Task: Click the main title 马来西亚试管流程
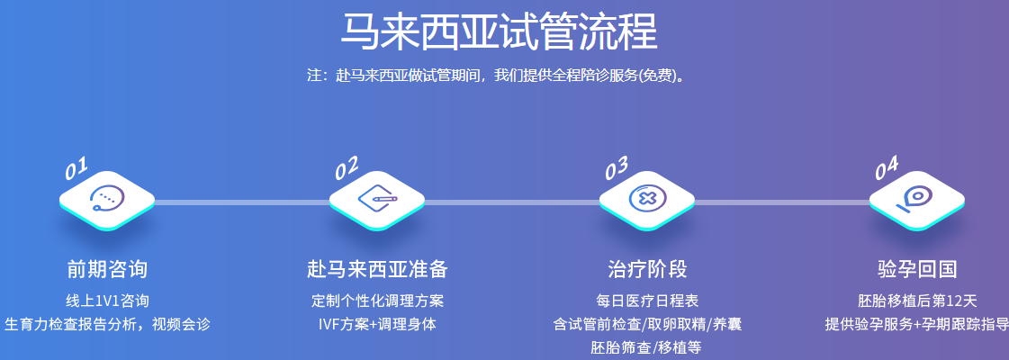(499, 31)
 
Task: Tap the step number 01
(76, 167)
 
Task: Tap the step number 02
(347, 168)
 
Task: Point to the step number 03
(617, 168)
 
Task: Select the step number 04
(887, 168)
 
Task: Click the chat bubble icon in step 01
(107, 199)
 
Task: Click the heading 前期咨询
(107, 269)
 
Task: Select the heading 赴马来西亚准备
(377, 269)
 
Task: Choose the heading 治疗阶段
(646, 269)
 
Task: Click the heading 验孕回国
(917, 269)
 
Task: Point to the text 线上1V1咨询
(107, 301)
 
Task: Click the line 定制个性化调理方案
(377, 301)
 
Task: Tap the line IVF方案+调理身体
(377, 324)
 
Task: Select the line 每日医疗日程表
(647, 301)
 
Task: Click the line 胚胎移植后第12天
(917, 301)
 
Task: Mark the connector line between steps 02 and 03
(511, 202)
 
